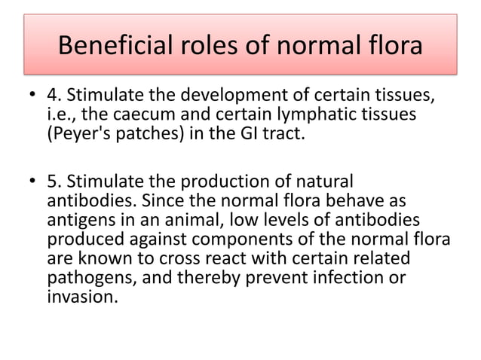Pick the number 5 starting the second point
pos(52,184)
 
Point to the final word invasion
pos(81,295)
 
